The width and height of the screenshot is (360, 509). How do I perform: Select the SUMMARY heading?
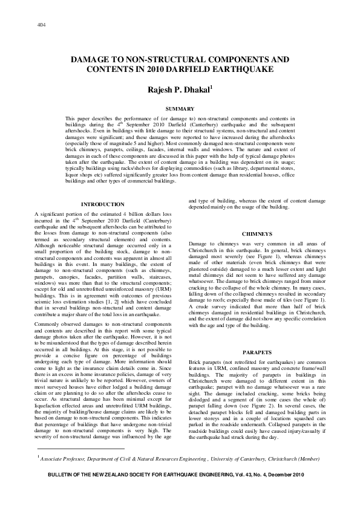(180, 108)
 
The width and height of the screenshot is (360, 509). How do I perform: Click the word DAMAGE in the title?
(92, 60)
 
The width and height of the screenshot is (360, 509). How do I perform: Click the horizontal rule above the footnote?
(79, 449)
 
